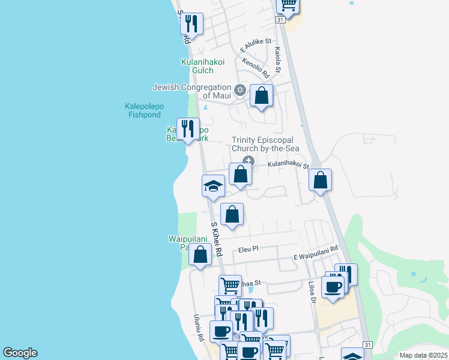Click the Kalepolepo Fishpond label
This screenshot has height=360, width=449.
143,110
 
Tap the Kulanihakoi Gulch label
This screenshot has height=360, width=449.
203,66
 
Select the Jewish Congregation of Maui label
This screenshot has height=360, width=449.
192,91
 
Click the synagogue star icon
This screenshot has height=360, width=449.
240,91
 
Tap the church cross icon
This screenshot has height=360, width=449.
247,160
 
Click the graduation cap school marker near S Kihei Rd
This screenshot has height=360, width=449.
213,186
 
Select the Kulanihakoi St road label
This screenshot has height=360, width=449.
288,164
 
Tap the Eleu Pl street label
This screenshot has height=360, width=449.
247,248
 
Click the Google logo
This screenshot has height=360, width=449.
20,353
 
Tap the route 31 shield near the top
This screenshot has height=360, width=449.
280,19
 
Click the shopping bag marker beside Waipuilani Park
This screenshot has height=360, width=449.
200,254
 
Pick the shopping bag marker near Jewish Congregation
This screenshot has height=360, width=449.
261,96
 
